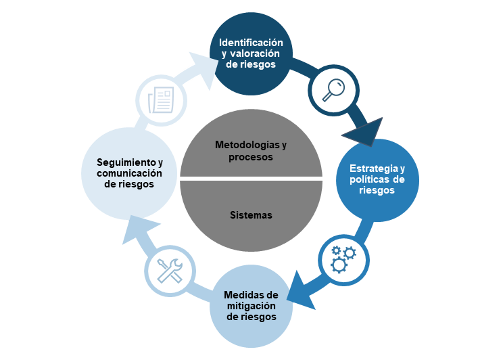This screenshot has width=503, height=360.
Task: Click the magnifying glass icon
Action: click(x=334, y=89)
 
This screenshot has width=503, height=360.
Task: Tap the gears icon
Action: click(x=343, y=258)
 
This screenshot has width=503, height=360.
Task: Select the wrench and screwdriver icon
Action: click(x=170, y=270)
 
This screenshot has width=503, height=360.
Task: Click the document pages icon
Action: click(x=162, y=99)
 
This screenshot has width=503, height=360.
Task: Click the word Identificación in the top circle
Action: click(x=251, y=43)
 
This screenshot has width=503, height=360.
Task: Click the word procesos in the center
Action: click(x=251, y=157)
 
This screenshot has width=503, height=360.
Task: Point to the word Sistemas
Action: click(x=251, y=215)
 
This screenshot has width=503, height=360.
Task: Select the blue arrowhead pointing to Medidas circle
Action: click(x=301, y=290)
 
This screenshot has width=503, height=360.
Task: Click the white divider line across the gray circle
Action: click(x=251, y=179)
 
